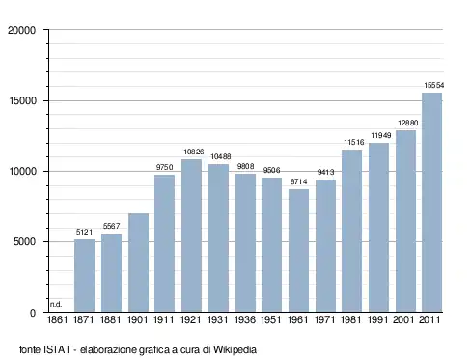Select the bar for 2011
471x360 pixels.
click(431, 203)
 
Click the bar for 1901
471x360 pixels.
click(138, 263)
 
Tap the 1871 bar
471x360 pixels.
click(84, 276)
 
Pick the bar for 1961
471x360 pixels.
click(298, 251)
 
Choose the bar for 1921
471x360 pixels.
click(191, 235)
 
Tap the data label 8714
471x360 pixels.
click(298, 181)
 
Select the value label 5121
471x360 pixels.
click(84, 232)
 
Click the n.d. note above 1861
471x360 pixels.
click(56, 304)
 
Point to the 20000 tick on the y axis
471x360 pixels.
click(22, 30)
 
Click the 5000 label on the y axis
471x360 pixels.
click(24, 241)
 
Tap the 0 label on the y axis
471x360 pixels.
click(33, 313)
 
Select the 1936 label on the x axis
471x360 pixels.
click(245, 319)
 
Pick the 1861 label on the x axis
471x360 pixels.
click(57, 319)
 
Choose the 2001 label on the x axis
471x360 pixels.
click(403, 319)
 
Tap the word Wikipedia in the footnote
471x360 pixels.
click(235, 349)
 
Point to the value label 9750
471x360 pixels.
click(164, 167)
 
